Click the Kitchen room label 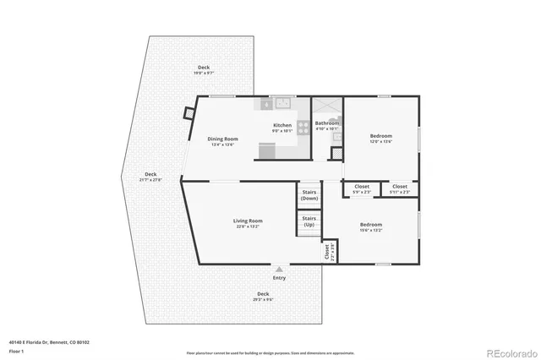281,126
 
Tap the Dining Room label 222,139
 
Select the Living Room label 248,222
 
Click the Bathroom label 327,124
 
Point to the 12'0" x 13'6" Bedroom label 382,137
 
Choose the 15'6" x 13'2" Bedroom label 371,226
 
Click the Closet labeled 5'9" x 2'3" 362,187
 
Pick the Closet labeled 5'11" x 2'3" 400,187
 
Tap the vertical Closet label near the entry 327,251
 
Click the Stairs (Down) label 309,195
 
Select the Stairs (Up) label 309,221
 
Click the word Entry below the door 279,278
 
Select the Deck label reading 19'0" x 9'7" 204,69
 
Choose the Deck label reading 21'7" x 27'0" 150,177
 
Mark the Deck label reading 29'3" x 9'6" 264,296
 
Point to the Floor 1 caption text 17,349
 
